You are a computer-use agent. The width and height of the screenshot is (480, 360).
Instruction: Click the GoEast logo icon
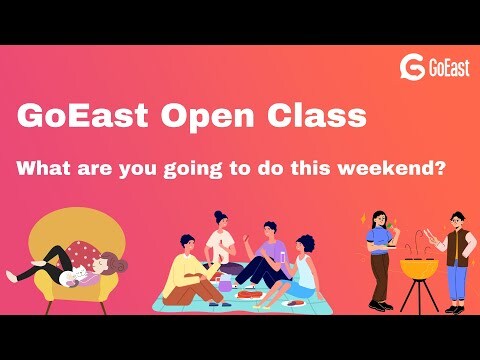tap(412, 67)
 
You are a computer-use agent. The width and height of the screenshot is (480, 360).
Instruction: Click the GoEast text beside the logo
tap(443, 68)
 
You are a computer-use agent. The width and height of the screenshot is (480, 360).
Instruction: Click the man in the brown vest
tap(456, 250)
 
